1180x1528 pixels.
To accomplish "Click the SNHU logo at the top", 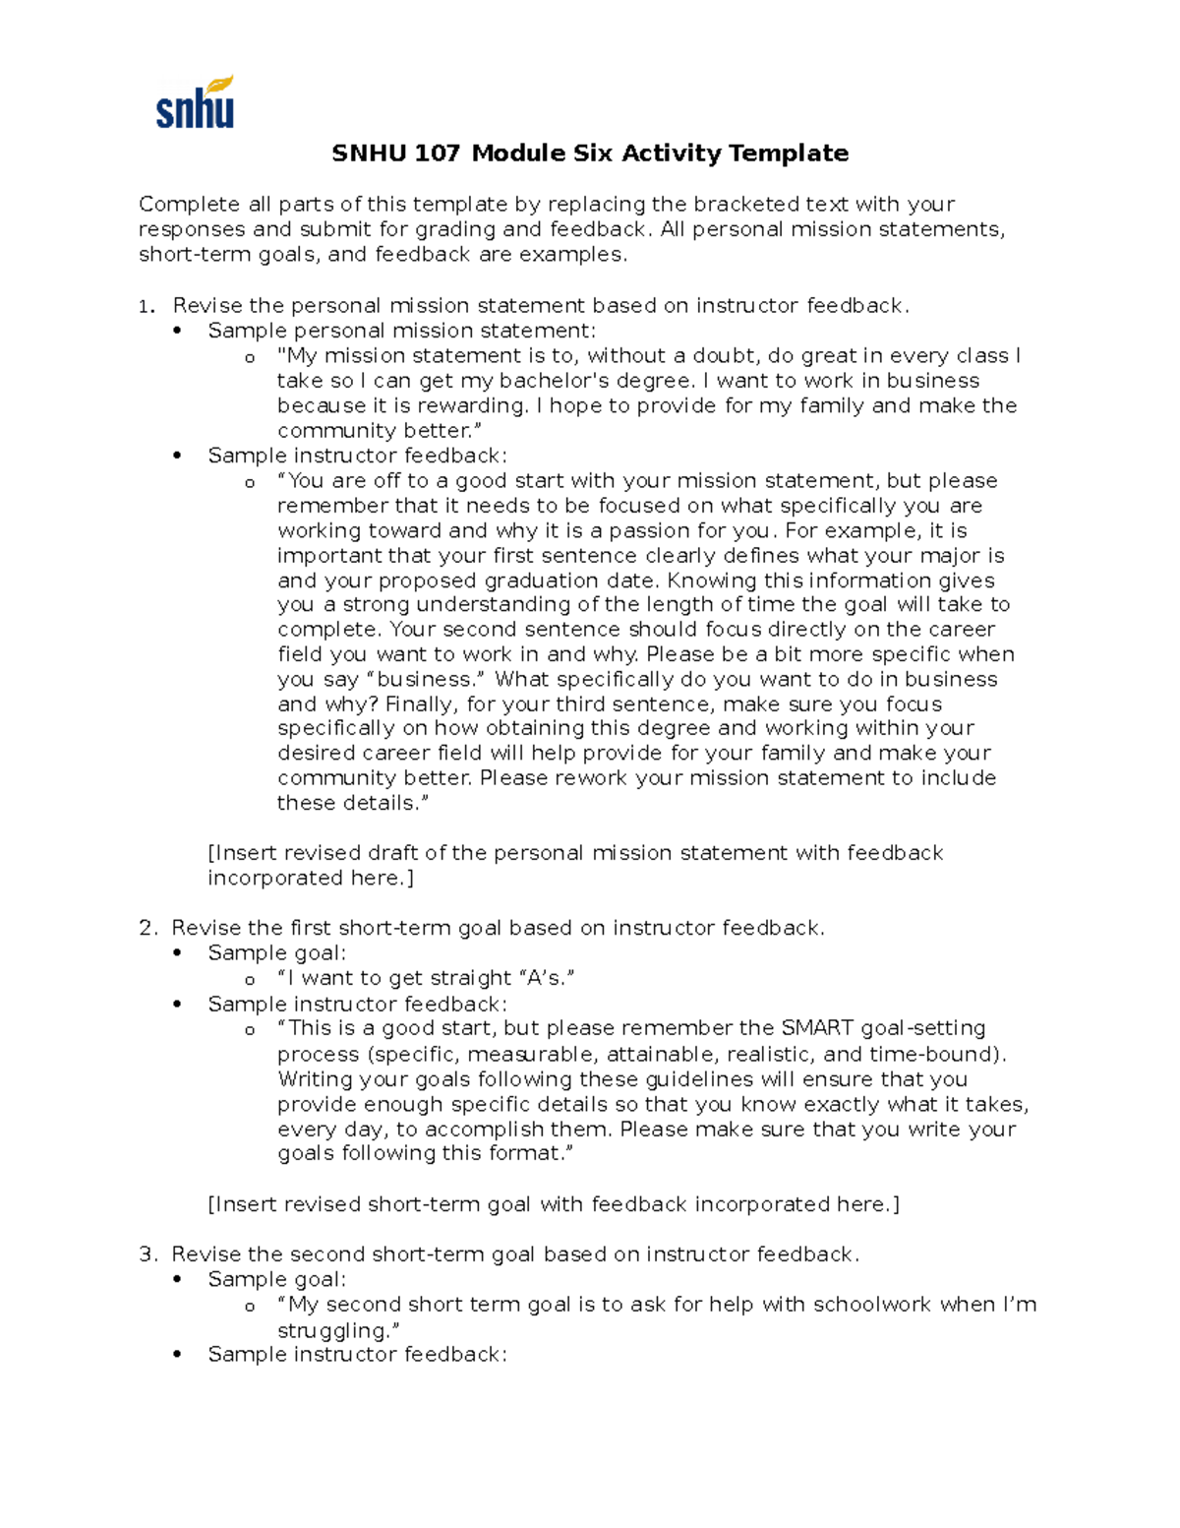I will click(195, 102).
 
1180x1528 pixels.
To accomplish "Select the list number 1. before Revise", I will click(147, 306).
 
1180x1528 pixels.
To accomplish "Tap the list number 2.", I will click(147, 928).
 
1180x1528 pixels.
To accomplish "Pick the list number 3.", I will click(147, 1254).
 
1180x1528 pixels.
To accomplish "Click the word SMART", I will click(817, 1028).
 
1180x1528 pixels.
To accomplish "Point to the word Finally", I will click(420, 704).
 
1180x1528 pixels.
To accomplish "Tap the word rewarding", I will click(472, 405).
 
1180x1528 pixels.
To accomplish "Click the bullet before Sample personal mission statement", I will click(177, 332).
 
